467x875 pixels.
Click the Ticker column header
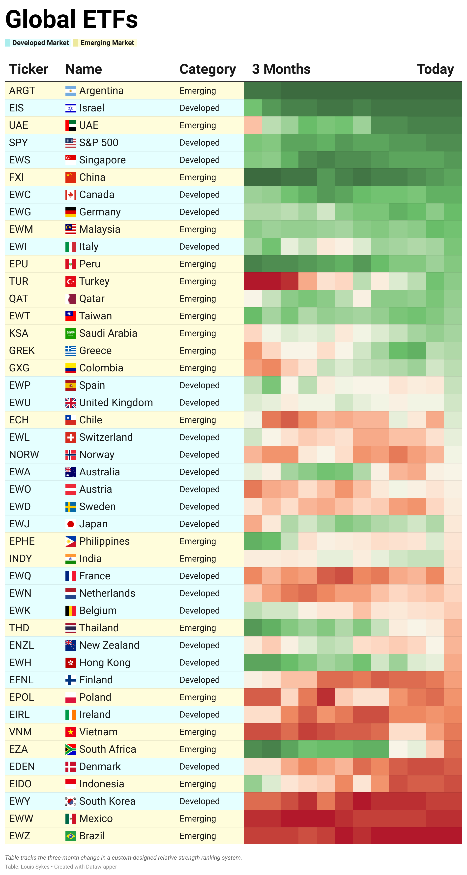click(x=29, y=69)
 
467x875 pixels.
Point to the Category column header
click(x=207, y=69)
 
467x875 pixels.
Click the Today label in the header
click(x=435, y=69)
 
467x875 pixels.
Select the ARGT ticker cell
click(x=22, y=91)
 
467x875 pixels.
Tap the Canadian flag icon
click(x=70, y=195)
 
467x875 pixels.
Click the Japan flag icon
click(x=70, y=524)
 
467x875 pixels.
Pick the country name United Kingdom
click(x=116, y=403)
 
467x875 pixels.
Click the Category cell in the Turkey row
click(x=198, y=281)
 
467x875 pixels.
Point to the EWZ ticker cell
click(x=20, y=836)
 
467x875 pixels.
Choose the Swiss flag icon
click(x=70, y=437)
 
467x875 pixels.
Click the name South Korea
click(x=107, y=801)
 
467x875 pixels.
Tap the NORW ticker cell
click(x=24, y=455)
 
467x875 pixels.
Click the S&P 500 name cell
click(x=99, y=143)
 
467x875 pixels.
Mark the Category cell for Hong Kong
click(x=199, y=663)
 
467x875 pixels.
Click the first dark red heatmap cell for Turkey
click(x=253, y=281)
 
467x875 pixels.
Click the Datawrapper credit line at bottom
click(x=61, y=867)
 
